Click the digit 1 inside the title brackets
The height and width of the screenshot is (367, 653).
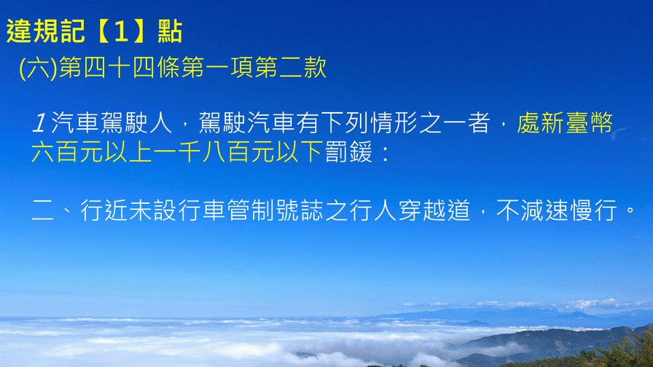pyautogui.click(x=120, y=32)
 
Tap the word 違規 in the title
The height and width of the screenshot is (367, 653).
pyautogui.click(x=33, y=31)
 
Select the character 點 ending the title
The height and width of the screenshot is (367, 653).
pyautogui.click(x=170, y=31)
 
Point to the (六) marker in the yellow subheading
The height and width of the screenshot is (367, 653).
pyautogui.click(x=38, y=68)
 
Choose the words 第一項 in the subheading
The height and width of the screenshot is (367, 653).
pyautogui.click(x=217, y=68)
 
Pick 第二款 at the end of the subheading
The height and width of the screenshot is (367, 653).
pyautogui.click(x=291, y=68)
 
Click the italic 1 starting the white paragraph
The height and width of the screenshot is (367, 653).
pyautogui.click(x=39, y=124)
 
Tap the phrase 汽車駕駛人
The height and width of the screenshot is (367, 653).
pyautogui.click(x=112, y=123)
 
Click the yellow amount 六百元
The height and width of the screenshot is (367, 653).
pyautogui.click(x=68, y=152)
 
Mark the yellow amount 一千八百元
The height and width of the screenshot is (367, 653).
pyautogui.click(x=214, y=152)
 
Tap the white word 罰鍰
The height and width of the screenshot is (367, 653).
pyautogui.click(x=348, y=152)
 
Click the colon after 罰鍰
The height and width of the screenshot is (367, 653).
pyautogui.click(x=386, y=153)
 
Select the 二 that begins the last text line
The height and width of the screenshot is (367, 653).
pyautogui.click(x=43, y=210)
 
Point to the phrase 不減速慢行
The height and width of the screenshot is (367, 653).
pyautogui.click(x=557, y=210)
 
